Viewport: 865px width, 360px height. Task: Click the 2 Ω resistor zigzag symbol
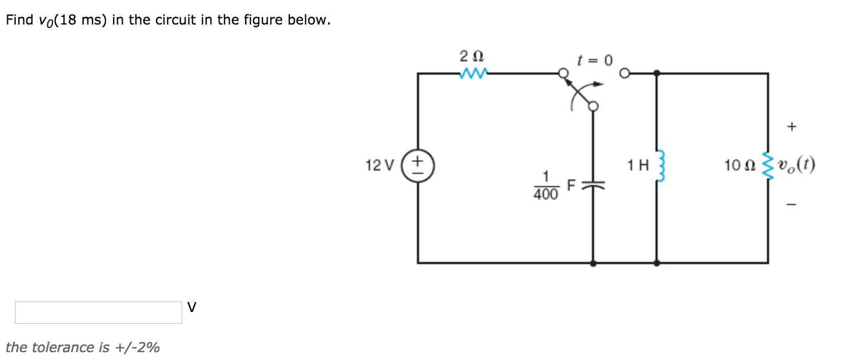tap(474, 73)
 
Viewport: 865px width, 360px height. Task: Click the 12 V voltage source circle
tap(417, 166)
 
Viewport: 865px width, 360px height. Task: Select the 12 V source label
tap(380, 166)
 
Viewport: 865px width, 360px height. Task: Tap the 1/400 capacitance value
tap(546, 186)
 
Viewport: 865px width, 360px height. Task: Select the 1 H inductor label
tap(638, 166)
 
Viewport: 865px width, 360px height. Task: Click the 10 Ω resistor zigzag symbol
tap(767, 166)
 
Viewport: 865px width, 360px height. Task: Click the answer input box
tap(99, 313)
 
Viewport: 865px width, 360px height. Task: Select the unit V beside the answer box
tap(192, 307)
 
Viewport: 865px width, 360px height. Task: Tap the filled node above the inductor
tap(657, 73)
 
